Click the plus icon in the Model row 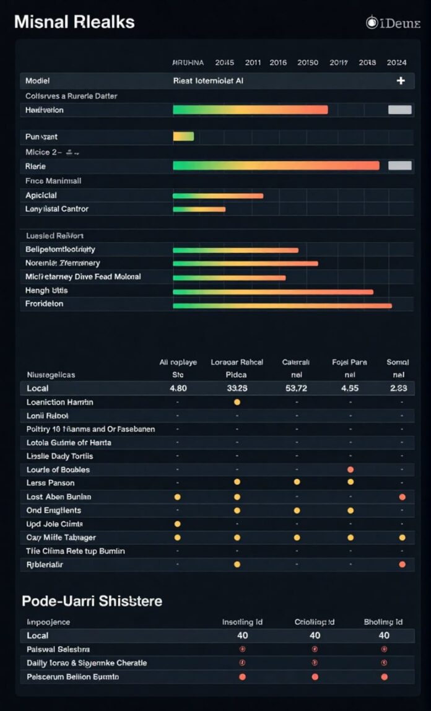click(x=401, y=81)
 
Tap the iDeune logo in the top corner click(x=393, y=23)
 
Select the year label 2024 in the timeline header click(x=396, y=63)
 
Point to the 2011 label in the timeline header click(x=253, y=63)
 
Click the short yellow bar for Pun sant click(x=183, y=136)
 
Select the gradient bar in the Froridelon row click(x=282, y=305)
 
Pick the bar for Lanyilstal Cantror click(x=199, y=209)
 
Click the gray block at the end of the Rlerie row click(x=399, y=165)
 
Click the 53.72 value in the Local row click(x=296, y=388)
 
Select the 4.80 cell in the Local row click(x=178, y=388)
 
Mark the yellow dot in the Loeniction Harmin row click(x=237, y=402)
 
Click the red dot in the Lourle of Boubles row click(x=350, y=469)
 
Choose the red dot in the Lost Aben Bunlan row click(x=403, y=497)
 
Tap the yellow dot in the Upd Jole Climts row click(x=178, y=524)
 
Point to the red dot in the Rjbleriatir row click(x=403, y=564)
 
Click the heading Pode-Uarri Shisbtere click(x=92, y=601)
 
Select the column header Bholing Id click(x=384, y=622)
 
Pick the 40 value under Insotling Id click(x=243, y=635)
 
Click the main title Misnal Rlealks click(x=74, y=22)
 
